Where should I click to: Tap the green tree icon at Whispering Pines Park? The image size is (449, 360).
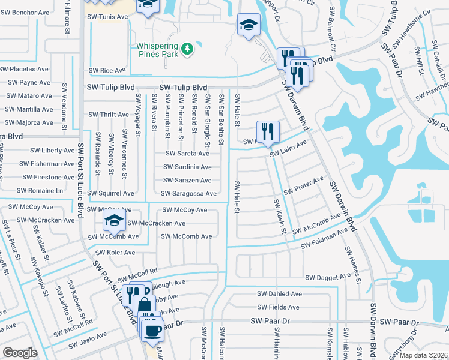[x=188, y=47]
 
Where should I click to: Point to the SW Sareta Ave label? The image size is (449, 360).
[x=188, y=154]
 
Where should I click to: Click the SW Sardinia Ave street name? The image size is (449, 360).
[x=188, y=167]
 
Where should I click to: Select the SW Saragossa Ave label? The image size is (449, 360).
[x=188, y=193]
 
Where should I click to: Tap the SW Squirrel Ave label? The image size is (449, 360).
[x=111, y=193]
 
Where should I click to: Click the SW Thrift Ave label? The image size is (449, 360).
[x=109, y=115]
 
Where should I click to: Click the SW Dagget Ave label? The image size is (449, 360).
[x=327, y=278]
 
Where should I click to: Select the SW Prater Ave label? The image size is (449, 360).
[x=304, y=185]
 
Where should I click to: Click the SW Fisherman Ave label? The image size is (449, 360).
[x=47, y=163]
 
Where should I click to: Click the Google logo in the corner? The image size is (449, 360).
[x=20, y=352]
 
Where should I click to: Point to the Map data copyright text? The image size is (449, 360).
[x=424, y=355]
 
